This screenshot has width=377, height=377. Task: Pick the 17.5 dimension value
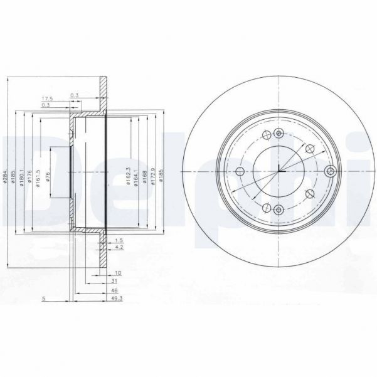(47, 99)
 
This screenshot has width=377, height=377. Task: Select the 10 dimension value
(117, 273)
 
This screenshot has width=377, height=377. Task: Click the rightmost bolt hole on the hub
(330, 171)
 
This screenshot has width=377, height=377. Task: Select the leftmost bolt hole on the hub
(239, 171)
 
